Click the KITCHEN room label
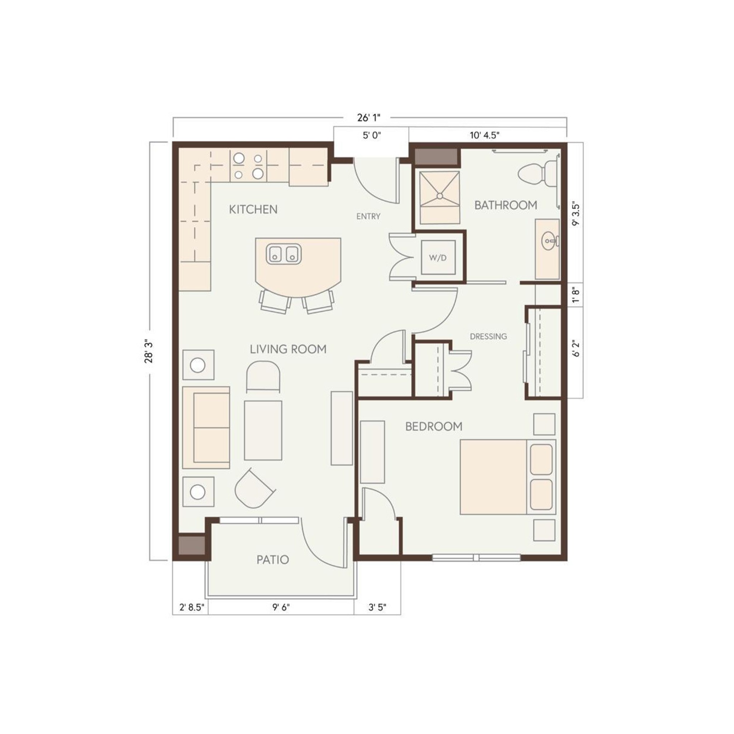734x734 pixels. [x=253, y=209]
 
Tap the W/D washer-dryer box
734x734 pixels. [x=438, y=257]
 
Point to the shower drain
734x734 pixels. [x=439, y=196]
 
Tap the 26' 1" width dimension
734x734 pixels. [x=368, y=118]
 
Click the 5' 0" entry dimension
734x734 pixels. [x=371, y=135]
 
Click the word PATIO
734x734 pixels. [x=273, y=559]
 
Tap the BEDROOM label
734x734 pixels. [x=434, y=426]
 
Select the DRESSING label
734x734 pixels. [x=488, y=336]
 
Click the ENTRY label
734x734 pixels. [x=368, y=216]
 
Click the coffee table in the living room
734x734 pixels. [x=263, y=430]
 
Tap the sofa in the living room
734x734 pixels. [x=206, y=428]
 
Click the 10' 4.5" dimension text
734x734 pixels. [x=485, y=135]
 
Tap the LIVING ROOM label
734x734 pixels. [x=288, y=349]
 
